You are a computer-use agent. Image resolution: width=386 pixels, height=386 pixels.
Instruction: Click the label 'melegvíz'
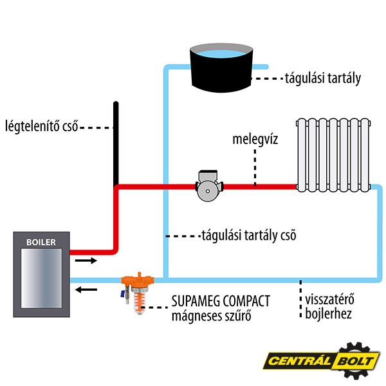click(x=255, y=139)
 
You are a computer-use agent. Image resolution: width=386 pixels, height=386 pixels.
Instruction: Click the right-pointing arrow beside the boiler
click(x=86, y=261)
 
